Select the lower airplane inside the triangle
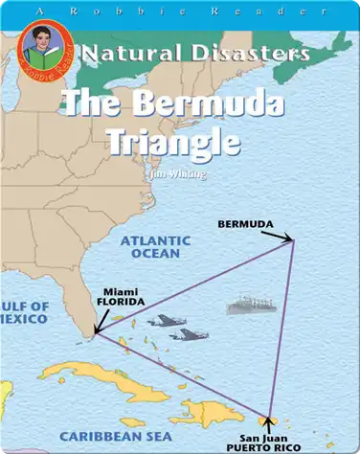(187, 335)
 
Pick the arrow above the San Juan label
(270, 421)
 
